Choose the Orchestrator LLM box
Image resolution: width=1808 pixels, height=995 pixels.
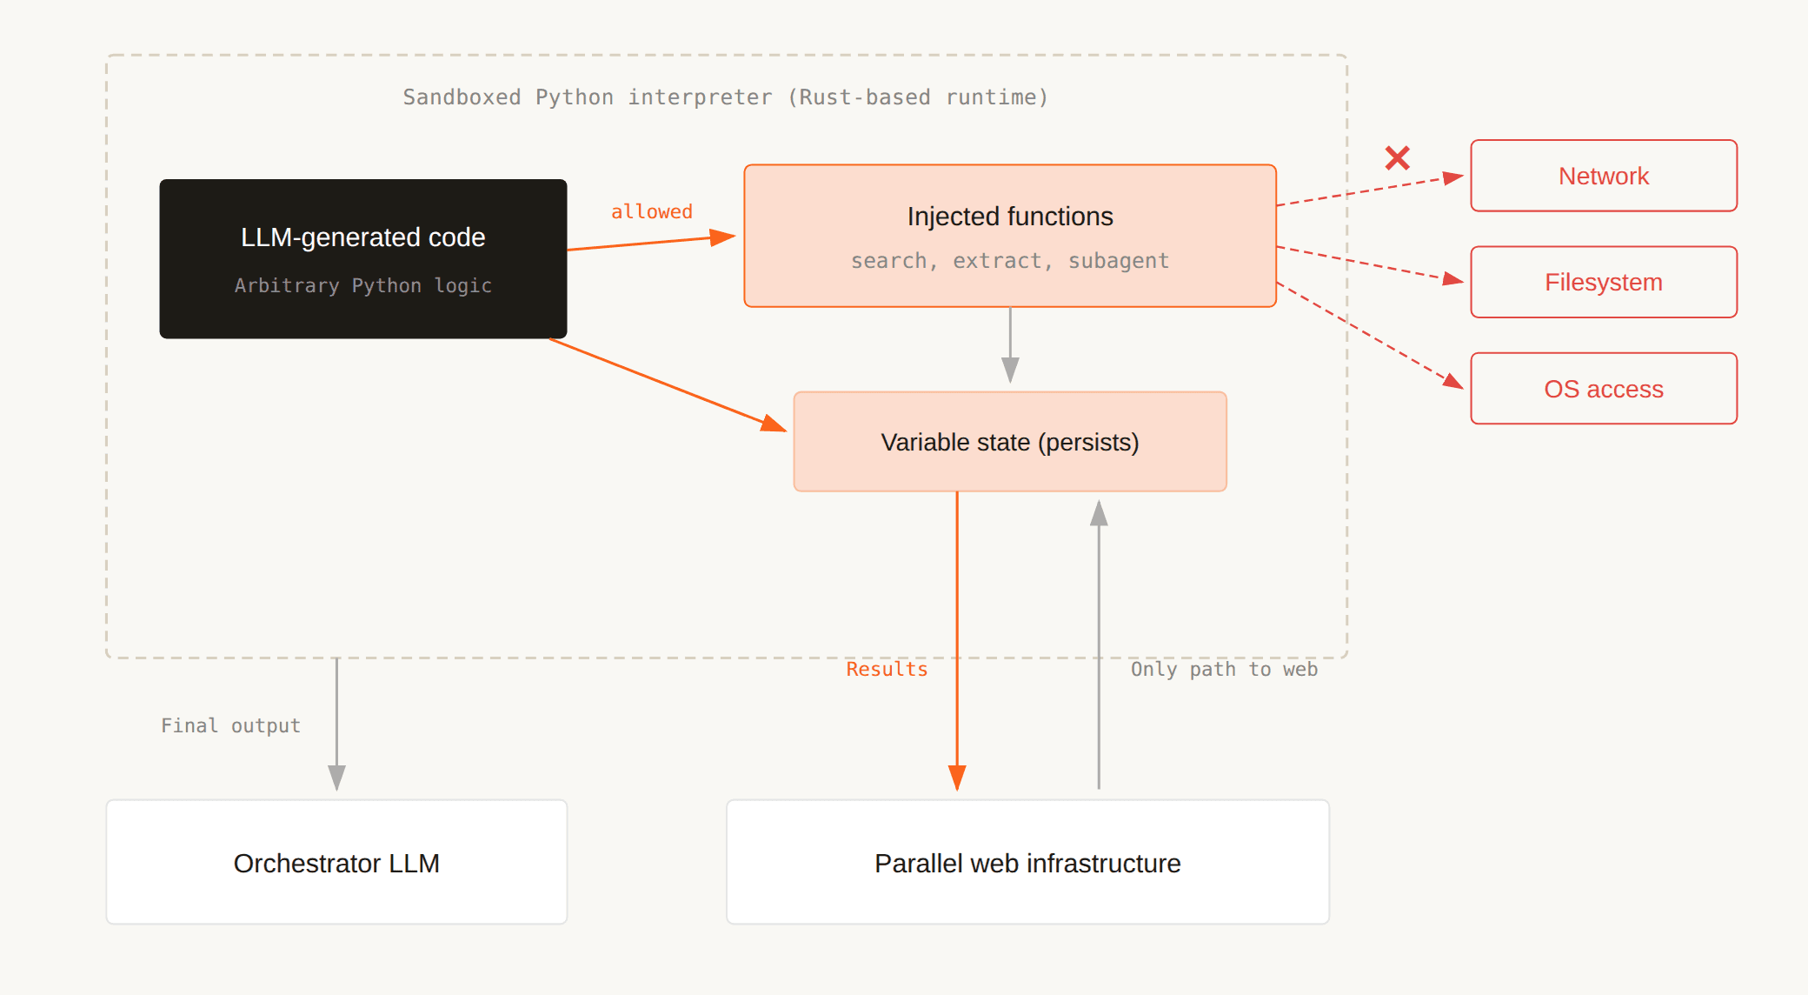click(336, 862)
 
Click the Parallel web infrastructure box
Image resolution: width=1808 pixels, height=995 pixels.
click(1027, 862)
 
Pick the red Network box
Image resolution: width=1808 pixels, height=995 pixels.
click(1603, 176)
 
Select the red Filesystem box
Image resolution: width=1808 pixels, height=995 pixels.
click(1603, 282)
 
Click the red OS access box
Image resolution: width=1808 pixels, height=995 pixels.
click(1603, 389)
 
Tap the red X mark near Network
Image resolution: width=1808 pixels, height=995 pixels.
click(1397, 157)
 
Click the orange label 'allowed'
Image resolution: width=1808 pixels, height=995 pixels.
click(651, 211)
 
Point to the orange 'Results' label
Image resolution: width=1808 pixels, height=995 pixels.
click(887, 669)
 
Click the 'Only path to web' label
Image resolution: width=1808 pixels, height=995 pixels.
click(1223, 669)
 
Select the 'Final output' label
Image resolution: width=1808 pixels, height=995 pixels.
click(230, 725)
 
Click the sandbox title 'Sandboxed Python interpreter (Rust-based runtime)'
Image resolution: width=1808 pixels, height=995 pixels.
click(725, 97)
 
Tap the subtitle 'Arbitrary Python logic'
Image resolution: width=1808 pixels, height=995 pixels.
click(362, 285)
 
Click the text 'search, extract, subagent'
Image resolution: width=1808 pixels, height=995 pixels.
click(1009, 260)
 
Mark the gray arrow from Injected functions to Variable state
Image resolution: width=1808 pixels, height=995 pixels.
click(1010, 344)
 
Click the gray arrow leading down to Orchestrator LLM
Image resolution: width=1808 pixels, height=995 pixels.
click(336, 722)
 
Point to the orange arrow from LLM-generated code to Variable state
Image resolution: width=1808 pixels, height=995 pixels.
click(665, 384)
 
